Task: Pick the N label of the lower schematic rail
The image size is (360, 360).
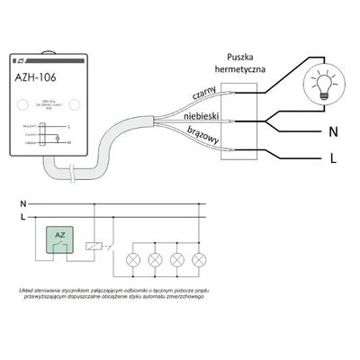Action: (24, 205)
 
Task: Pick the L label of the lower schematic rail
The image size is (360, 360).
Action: (24, 217)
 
